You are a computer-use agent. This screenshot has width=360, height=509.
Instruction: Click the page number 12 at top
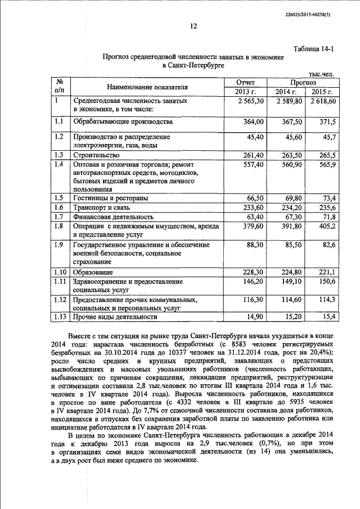coord(193,26)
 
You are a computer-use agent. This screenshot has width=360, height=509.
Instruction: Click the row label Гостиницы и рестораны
coord(110,199)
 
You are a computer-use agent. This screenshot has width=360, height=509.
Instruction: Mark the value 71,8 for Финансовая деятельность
coord(328,217)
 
